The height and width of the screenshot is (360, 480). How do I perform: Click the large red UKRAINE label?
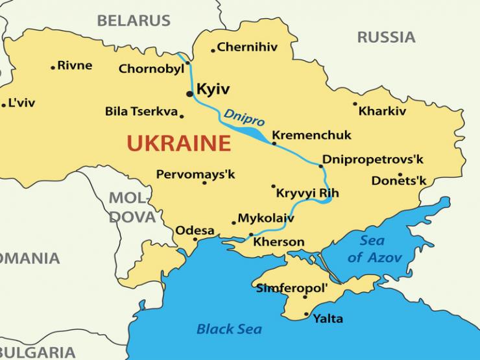178,143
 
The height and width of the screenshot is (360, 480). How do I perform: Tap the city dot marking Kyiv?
189,94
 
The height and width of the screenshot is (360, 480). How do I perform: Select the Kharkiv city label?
382,111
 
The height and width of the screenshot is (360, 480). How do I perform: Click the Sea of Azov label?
374,249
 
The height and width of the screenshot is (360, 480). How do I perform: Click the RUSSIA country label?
386,37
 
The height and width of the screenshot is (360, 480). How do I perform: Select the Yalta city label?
328,318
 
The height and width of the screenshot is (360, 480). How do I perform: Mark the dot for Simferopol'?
305,297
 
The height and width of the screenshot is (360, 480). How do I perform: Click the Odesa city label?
195,230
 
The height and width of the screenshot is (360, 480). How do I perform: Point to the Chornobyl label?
151,69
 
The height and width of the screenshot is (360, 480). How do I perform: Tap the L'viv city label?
21,103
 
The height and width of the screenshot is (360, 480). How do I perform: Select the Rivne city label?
75,66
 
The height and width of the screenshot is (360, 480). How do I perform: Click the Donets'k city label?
399,181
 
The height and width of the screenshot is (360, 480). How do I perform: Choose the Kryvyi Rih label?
307,193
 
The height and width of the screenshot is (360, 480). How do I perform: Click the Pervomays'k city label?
195,174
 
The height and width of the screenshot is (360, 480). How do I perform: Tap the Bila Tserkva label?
141,112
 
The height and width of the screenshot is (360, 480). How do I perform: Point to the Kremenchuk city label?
311,135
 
